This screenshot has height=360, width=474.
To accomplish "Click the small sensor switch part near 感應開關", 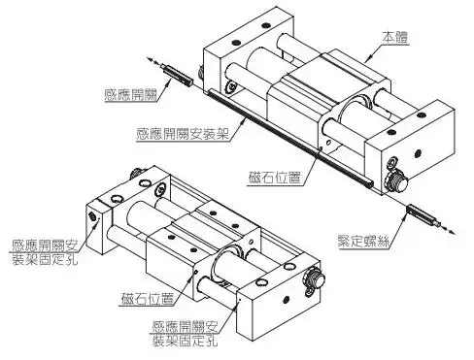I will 177,74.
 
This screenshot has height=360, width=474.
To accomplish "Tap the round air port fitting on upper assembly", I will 396,181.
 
